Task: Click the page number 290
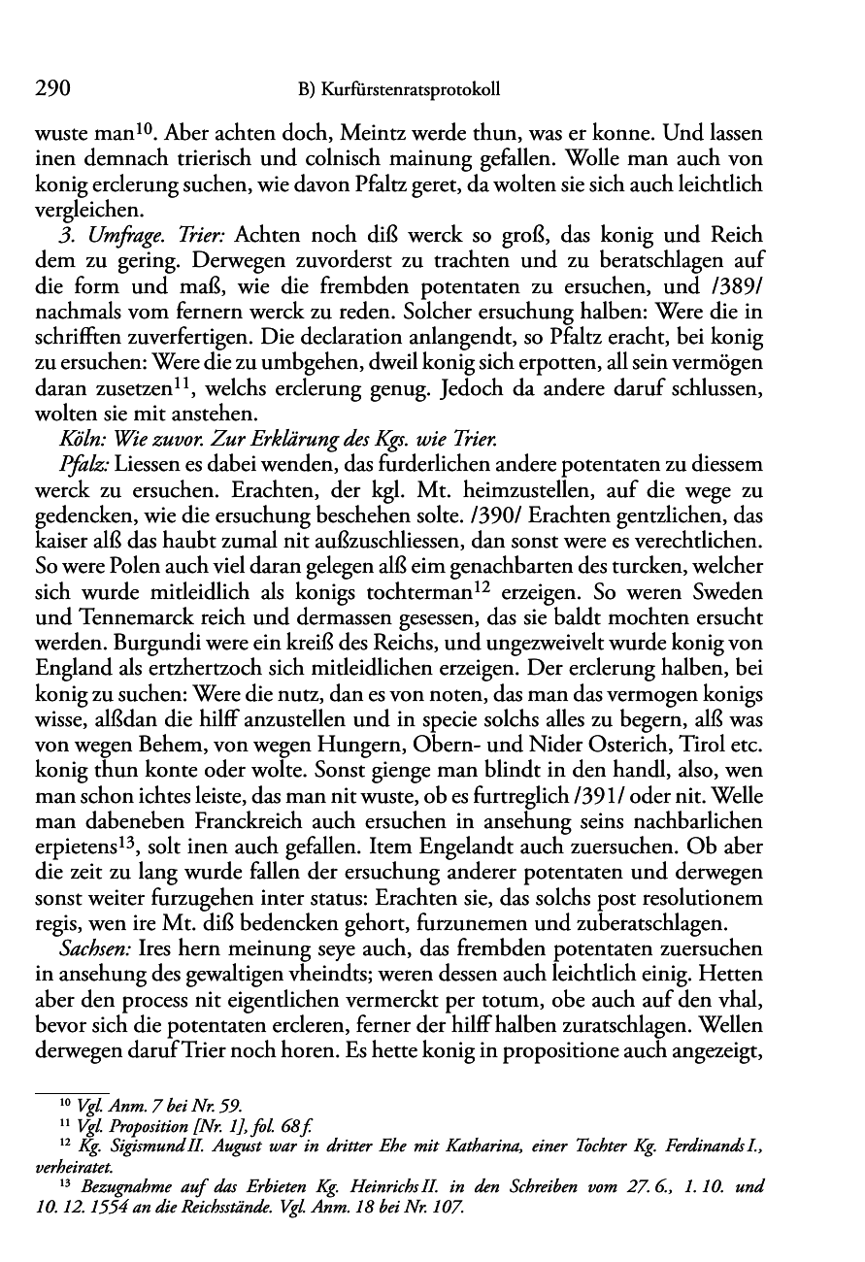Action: (x=53, y=90)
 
